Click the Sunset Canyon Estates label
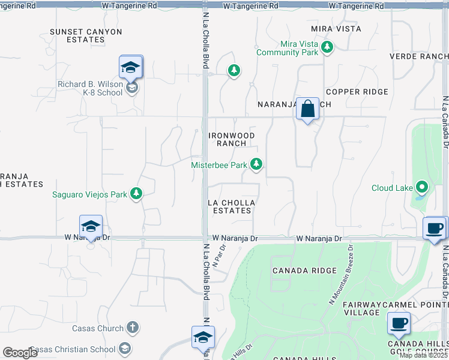86,35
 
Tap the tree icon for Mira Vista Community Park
327,47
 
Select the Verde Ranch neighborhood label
419,56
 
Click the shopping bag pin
307,109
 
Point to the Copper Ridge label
357,92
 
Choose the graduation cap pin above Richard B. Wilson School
130,68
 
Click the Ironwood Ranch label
231,139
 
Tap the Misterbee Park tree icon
256,164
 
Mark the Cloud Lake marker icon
421,188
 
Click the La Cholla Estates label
231,206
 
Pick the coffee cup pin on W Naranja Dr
435,228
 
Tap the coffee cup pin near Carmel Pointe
399,323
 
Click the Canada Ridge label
304,271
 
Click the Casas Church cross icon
132,328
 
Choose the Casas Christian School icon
124,349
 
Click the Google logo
20,353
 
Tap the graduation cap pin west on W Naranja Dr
91,226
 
